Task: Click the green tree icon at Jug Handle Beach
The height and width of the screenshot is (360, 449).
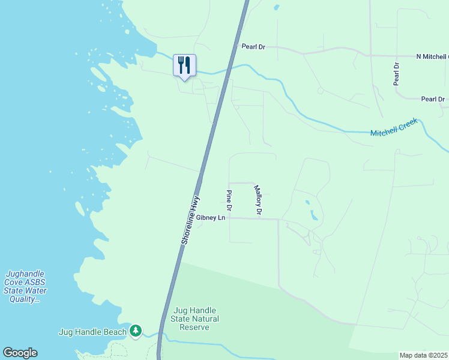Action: tap(136, 331)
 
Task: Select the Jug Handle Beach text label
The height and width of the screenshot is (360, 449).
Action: tap(93, 332)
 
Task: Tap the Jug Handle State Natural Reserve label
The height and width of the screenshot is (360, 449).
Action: tap(195, 319)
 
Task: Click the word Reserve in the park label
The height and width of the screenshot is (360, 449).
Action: tap(195, 327)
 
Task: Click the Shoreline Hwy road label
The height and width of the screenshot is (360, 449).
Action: tap(190, 219)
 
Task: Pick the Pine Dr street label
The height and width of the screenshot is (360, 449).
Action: tap(229, 200)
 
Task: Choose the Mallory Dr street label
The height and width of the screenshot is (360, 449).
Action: tap(258, 200)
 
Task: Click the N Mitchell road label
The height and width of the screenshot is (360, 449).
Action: tap(432, 56)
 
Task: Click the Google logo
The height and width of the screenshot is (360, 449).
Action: tap(20, 353)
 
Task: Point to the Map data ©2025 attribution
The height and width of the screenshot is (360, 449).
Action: tap(424, 355)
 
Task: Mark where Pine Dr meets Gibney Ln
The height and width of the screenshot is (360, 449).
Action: tap(229, 218)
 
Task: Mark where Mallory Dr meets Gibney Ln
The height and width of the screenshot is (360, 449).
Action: tap(258, 218)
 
